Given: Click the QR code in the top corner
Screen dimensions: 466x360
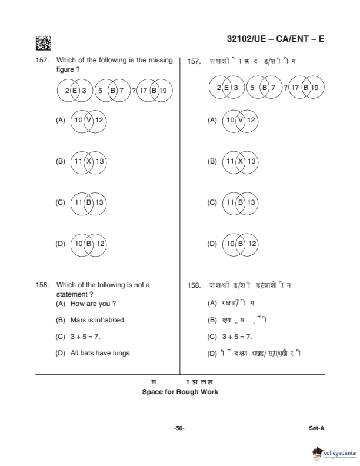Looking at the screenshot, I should [x=43, y=43].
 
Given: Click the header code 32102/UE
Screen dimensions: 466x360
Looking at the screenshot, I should [x=248, y=39].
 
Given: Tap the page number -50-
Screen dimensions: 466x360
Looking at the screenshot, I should [x=179, y=428].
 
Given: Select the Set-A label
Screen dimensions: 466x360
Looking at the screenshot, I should [x=316, y=428].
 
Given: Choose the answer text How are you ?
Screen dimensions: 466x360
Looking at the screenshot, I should [x=93, y=304].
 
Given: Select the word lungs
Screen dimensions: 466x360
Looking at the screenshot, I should [x=122, y=353].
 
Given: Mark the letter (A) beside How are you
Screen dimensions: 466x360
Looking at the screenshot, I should [x=60, y=304].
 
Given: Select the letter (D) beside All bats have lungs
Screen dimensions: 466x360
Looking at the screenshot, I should [x=60, y=353].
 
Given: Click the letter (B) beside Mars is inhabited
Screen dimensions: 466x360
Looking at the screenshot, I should [x=60, y=320].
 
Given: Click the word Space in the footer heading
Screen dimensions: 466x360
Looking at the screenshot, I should [x=153, y=392].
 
